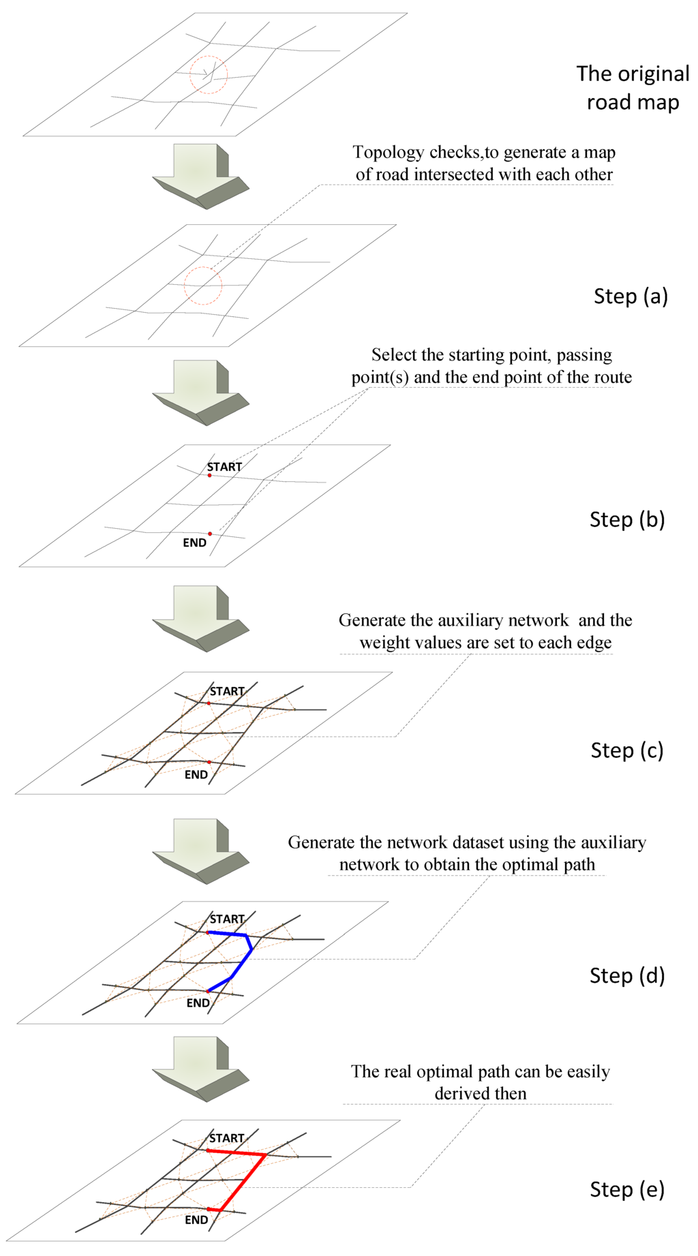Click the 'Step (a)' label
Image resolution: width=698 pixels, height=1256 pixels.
pyautogui.click(x=631, y=296)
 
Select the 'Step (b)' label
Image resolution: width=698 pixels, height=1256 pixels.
pyautogui.click(x=627, y=520)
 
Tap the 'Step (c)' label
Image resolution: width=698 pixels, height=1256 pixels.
pyautogui.click(x=627, y=750)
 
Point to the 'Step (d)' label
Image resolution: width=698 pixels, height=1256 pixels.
pyautogui.click(x=627, y=975)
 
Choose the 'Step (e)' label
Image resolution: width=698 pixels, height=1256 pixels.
pyautogui.click(x=627, y=1190)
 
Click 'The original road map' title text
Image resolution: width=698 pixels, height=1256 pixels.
pyautogui.click(x=633, y=88)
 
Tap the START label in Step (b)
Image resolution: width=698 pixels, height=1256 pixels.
pyautogui.click(x=224, y=467)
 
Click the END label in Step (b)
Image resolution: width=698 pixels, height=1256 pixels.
pyautogui.click(x=194, y=543)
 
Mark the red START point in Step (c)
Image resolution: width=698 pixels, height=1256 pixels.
pyautogui.click(x=209, y=703)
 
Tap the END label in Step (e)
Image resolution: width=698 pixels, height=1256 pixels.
pyautogui.click(x=196, y=1220)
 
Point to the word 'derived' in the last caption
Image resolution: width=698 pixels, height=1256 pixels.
pyautogui.click(x=461, y=1094)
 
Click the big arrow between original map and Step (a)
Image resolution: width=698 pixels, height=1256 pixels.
pyautogui.click(x=200, y=174)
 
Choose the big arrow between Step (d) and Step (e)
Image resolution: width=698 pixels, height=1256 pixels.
pyautogui.click(x=200, y=1068)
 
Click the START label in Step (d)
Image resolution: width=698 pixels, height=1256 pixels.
pyautogui.click(x=227, y=919)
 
